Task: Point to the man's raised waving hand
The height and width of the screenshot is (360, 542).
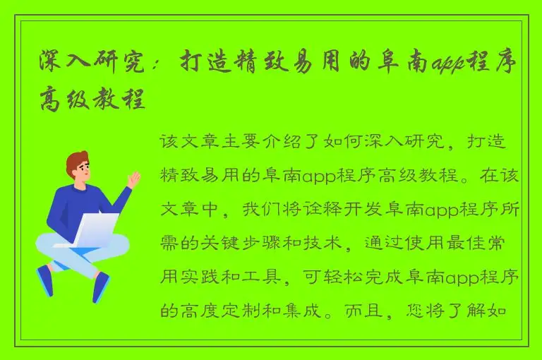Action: click(133, 179)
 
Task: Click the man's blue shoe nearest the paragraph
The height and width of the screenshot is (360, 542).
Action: click(101, 285)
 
